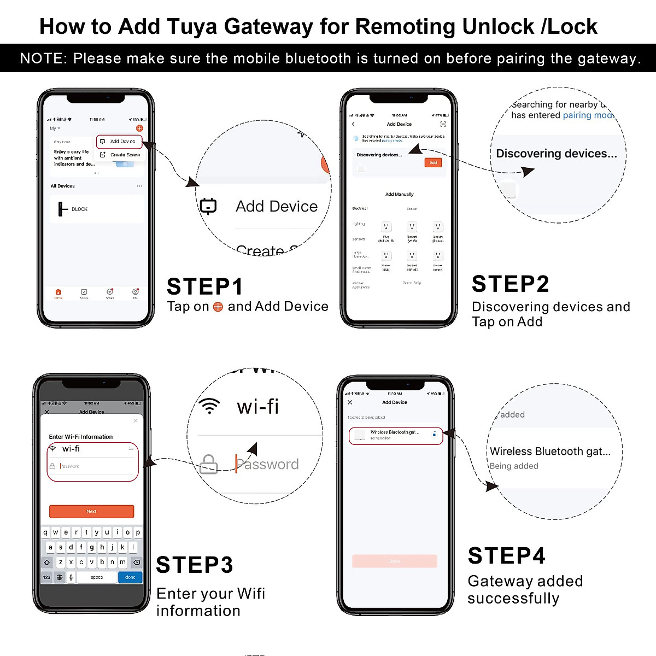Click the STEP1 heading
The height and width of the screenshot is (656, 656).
pyautogui.click(x=204, y=286)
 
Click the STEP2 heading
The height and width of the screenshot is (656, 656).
pyautogui.click(x=510, y=284)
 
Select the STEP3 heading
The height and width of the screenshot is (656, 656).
pyautogui.click(x=195, y=565)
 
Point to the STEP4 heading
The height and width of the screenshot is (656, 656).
pyautogui.click(x=507, y=555)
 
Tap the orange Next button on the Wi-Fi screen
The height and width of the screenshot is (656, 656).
pyautogui.click(x=91, y=511)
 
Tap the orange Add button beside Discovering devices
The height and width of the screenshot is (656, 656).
pyautogui.click(x=433, y=163)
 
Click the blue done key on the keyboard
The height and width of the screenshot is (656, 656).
pyautogui.click(x=130, y=577)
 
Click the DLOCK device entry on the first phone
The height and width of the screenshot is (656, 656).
pyautogui.click(x=79, y=209)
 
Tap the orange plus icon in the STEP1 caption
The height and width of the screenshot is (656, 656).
pyautogui.click(x=218, y=307)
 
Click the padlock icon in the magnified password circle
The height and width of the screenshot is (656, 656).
pyautogui.click(x=208, y=464)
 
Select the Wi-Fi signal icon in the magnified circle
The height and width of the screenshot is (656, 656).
pyautogui.click(x=209, y=406)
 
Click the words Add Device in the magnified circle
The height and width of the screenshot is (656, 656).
pyautogui.click(x=276, y=206)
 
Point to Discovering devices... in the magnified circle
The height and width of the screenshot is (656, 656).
pyautogui.click(x=556, y=154)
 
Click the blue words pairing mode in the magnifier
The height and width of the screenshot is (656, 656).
pyautogui.click(x=588, y=115)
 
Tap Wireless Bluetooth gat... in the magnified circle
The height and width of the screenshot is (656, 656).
pyautogui.click(x=549, y=451)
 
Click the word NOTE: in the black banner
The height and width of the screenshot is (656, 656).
pyautogui.click(x=43, y=58)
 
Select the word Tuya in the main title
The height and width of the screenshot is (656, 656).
pyautogui.click(x=191, y=26)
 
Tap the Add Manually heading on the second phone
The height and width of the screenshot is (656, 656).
pyautogui.click(x=399, y=194)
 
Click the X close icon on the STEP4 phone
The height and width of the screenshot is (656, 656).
pyautogui.click(x=350, y=402)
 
